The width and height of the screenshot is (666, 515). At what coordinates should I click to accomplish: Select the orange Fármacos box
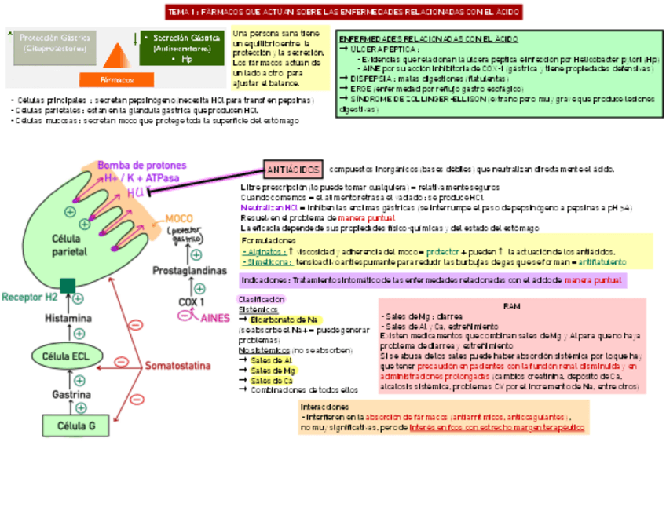pos(117,79)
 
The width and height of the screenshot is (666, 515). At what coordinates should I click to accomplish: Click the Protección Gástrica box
pos(54,43)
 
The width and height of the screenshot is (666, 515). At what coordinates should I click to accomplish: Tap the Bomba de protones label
pos(142,166)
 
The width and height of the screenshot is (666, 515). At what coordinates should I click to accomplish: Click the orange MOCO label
pos(180,217)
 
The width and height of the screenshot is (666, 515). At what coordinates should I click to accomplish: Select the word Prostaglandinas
pos(189,270)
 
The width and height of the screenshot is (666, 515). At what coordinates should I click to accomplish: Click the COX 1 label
pos(192,301)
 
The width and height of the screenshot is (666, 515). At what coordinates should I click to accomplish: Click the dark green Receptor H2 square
pos(68,285)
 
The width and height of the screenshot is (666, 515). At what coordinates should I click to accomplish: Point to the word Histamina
pos(68,319)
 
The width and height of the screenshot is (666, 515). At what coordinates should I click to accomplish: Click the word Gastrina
pos(71,393)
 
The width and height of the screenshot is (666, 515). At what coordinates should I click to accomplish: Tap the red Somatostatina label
pos(177,366)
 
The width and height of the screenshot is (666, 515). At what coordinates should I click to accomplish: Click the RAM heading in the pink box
pos(511,306)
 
